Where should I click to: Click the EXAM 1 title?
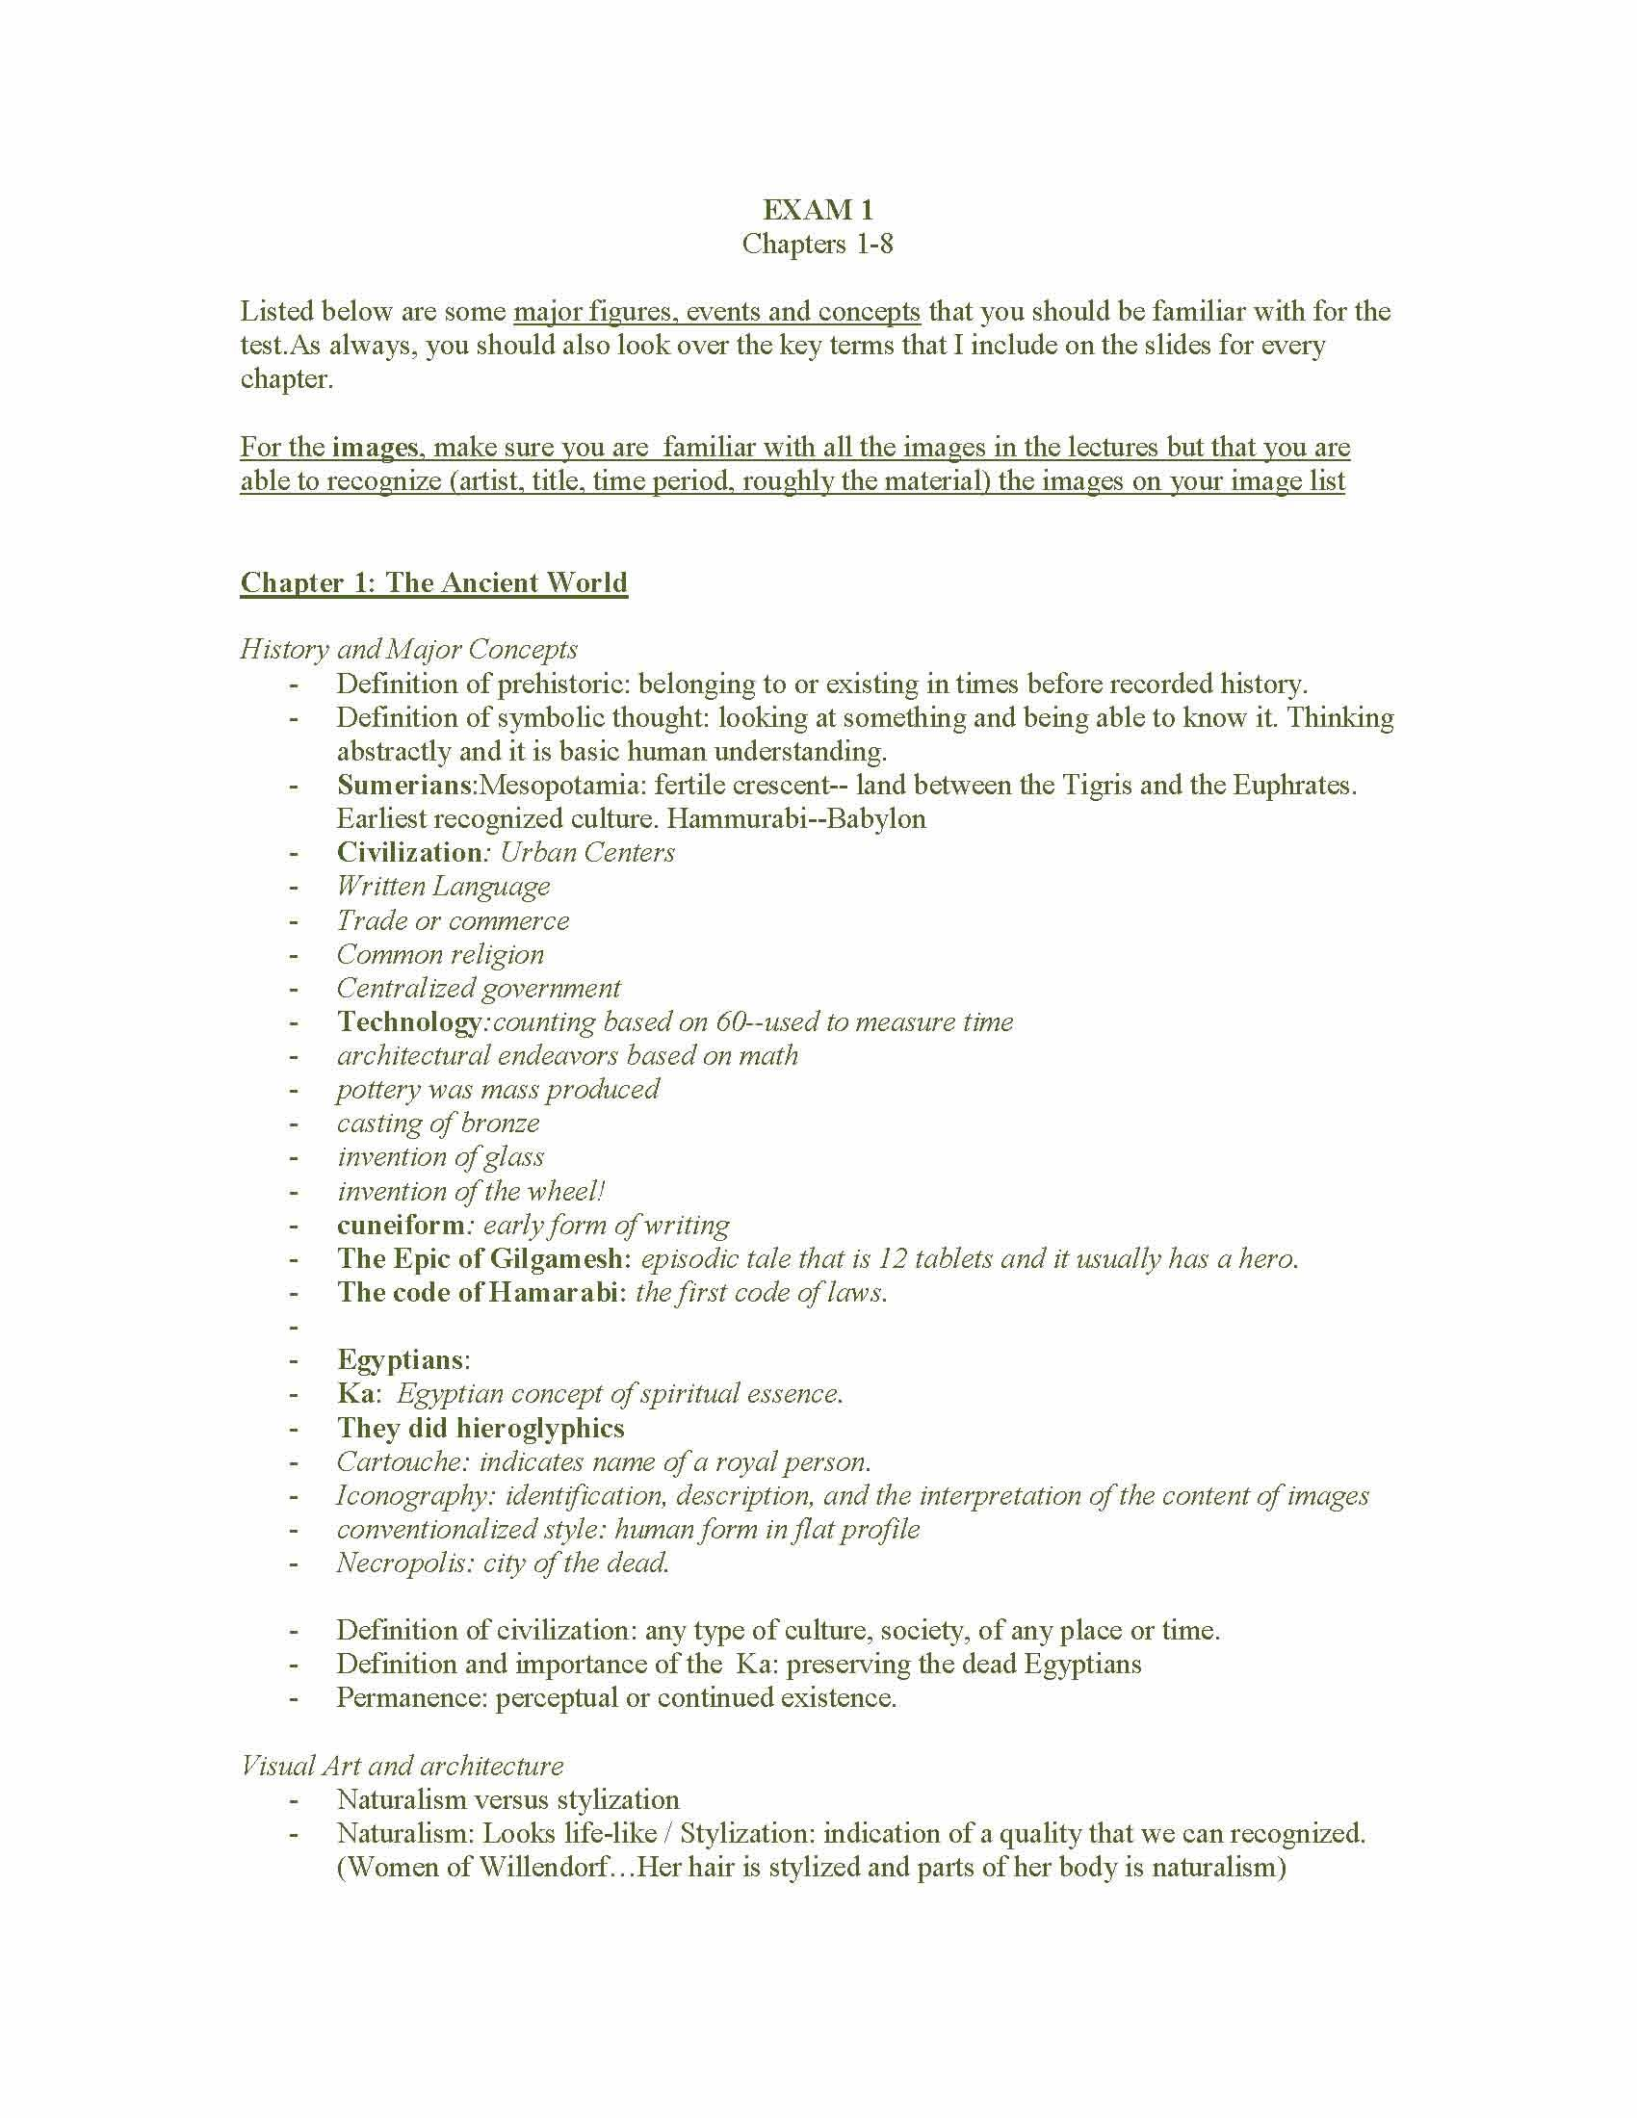(x=818, y=210)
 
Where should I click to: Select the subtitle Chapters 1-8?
(x=818, y=244)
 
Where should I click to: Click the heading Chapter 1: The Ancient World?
(x=433, y=581)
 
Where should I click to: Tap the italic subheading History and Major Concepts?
(x=408, y=649)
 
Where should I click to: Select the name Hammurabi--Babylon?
(x=796, y=818)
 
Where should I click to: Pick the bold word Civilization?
(x=409, y=852)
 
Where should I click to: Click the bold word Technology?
(x=408, y=1021)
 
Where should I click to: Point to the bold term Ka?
(x=355, y=1394)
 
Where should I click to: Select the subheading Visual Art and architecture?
(x=402, y=1766)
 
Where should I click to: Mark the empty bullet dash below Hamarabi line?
(x=292, y=1327)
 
